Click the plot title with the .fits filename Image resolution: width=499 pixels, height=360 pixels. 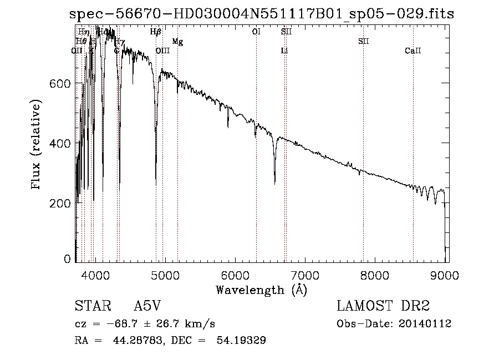[x=262, y=14]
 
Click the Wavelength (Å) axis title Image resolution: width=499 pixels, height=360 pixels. [x=261, y=290]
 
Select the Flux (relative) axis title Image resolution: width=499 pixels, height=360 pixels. [x=37, y=145]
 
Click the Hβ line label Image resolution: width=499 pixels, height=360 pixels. [x=156, y=32]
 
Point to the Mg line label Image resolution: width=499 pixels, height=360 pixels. [x=177, y=42]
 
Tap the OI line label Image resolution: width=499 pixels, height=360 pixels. [x=256, y=32]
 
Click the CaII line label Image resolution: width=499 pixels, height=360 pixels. [x=413, y=51]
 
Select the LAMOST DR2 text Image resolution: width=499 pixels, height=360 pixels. [x=383, y=306]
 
